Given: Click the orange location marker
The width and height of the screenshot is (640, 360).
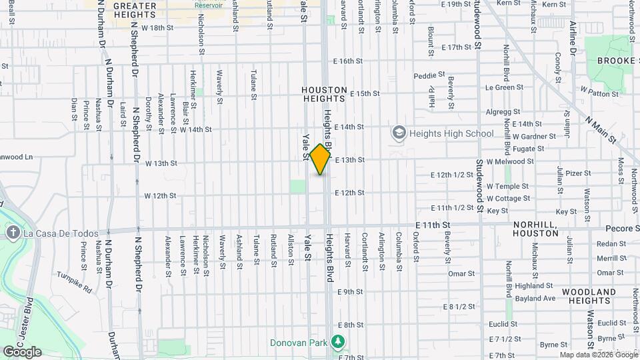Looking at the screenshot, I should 321,159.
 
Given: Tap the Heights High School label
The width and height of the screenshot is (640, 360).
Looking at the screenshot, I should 451,133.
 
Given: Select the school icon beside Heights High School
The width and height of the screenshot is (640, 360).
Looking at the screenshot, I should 399,133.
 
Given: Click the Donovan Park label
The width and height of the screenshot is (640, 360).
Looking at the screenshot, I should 299,343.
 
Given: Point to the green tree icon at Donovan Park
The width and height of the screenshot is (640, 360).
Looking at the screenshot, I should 339,343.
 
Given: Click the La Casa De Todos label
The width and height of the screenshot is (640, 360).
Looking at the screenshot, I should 61,233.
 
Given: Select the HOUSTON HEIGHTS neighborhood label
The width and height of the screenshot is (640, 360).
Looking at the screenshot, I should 325,94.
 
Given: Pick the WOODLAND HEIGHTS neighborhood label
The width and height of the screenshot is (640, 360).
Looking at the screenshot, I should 589,297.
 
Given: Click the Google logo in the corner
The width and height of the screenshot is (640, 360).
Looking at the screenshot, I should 22,351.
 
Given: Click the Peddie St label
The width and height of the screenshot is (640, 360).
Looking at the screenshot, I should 429,75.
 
